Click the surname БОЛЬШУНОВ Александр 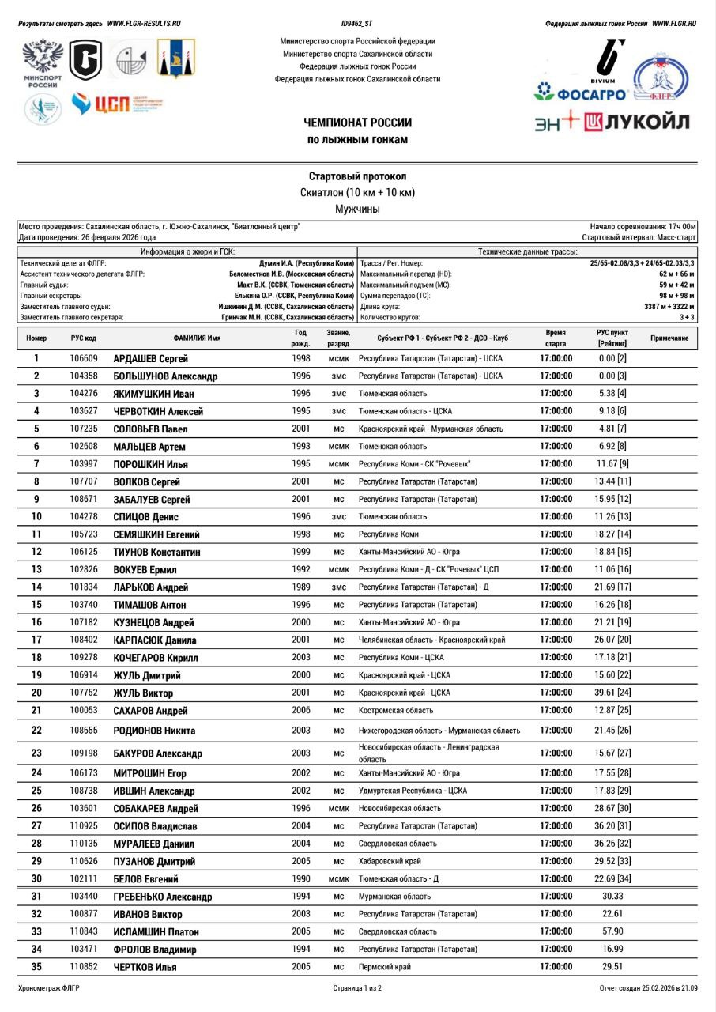tap(165, 376)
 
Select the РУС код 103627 tap(84, 411)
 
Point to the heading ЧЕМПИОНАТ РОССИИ tap(357, 123)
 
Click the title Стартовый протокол tap(357, 176)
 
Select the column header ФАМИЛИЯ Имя tap(197, 338)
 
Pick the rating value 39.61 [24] tap(612, 693)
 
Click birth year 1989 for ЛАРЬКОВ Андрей tap(300, 587)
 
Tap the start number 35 tap(36, 967)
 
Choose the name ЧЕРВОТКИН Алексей tap(158, 411)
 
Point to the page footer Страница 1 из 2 tap(357, 988)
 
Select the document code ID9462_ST tap(357, 24)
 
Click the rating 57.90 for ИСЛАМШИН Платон tap(612, 931)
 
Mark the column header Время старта tap(556, 338)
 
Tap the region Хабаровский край tap(390, 861)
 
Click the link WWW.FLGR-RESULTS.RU tap(144, 24)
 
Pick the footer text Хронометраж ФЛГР tap(49, 988)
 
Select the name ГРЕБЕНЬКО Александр tap(163, 897)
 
